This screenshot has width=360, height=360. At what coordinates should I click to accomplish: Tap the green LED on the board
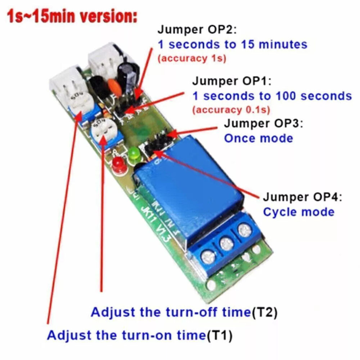[134, 154]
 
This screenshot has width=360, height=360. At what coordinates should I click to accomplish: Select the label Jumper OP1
[233, 81]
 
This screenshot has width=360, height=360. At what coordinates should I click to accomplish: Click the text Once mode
[258, 138]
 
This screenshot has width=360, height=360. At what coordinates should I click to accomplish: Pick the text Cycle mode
[298, 212]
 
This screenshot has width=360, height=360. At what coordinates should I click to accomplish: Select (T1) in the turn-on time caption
[219, 336]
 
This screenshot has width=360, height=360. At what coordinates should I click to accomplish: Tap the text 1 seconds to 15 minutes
[233, 44]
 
